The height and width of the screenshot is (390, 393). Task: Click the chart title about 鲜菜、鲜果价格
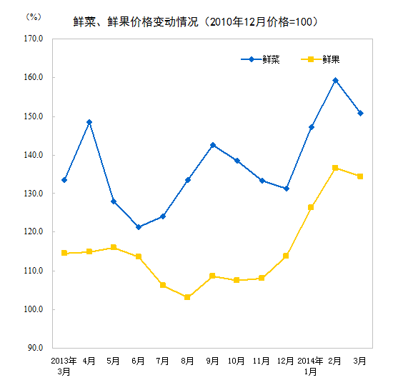(x=196, y=22)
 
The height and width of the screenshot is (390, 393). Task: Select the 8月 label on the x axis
(x=187, y=361)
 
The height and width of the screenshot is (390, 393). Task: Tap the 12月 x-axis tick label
(x=286, y=361)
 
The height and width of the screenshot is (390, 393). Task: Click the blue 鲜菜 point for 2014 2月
(x=335, y=80)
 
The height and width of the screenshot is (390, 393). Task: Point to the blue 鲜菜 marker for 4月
(x=89, y=122)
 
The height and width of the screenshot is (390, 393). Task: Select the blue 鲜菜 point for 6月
(x=139, y=227)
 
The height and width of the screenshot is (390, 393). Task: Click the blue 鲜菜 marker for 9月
(x=212, y=145)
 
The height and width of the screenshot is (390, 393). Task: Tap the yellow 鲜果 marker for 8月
(x=187, y=297)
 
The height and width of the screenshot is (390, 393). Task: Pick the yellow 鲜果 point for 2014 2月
(x=335, y=168)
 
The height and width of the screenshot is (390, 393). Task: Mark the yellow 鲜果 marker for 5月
(x=114, y=247)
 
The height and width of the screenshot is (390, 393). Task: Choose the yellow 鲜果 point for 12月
(x=286, y=256)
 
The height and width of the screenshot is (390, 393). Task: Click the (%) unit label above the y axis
(x=33, y=16)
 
